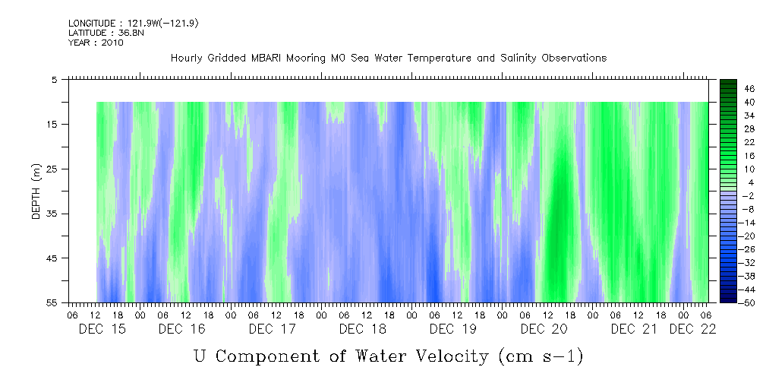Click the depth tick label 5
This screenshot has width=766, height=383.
click(x=54, y=79)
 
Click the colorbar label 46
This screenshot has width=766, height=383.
click(x=749, y=89)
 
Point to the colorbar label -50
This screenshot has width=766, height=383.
click(x=749, y=302)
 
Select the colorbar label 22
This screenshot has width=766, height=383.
click(x=749, y=141)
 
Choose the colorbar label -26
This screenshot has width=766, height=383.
click(x=749, y=248)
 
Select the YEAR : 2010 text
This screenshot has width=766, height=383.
click(x=96, y=43)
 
